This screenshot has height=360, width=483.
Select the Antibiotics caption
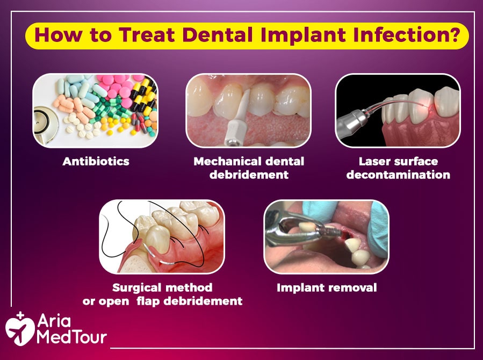pos(96,161)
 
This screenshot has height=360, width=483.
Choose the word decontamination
pos(398,175)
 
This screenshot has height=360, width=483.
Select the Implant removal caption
pos(327,287)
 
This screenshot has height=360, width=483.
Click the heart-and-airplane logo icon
pos(20,329)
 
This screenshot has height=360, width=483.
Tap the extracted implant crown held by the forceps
pos(307,227)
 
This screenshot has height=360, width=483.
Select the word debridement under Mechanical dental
pos(249,175)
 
